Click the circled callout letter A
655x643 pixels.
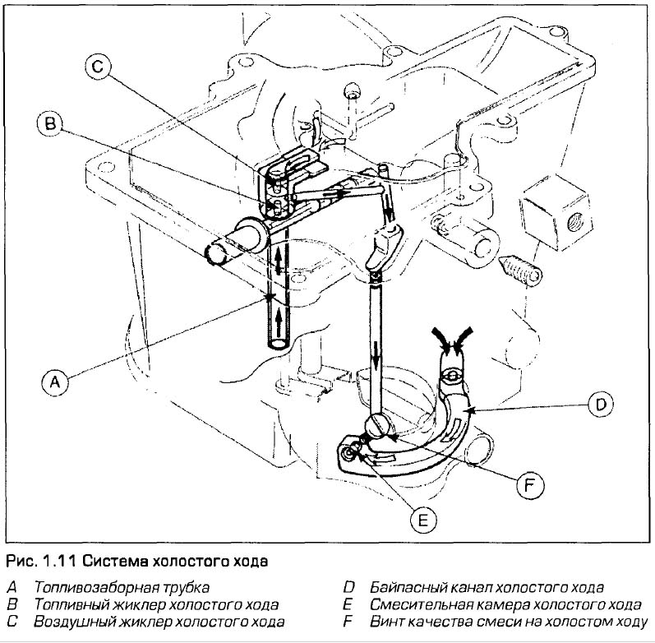(x=54, y=382)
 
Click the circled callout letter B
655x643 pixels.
(x=50, y=124)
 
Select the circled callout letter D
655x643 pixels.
(x=601, y=403)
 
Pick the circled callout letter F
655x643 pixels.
(x=528, y=487)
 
